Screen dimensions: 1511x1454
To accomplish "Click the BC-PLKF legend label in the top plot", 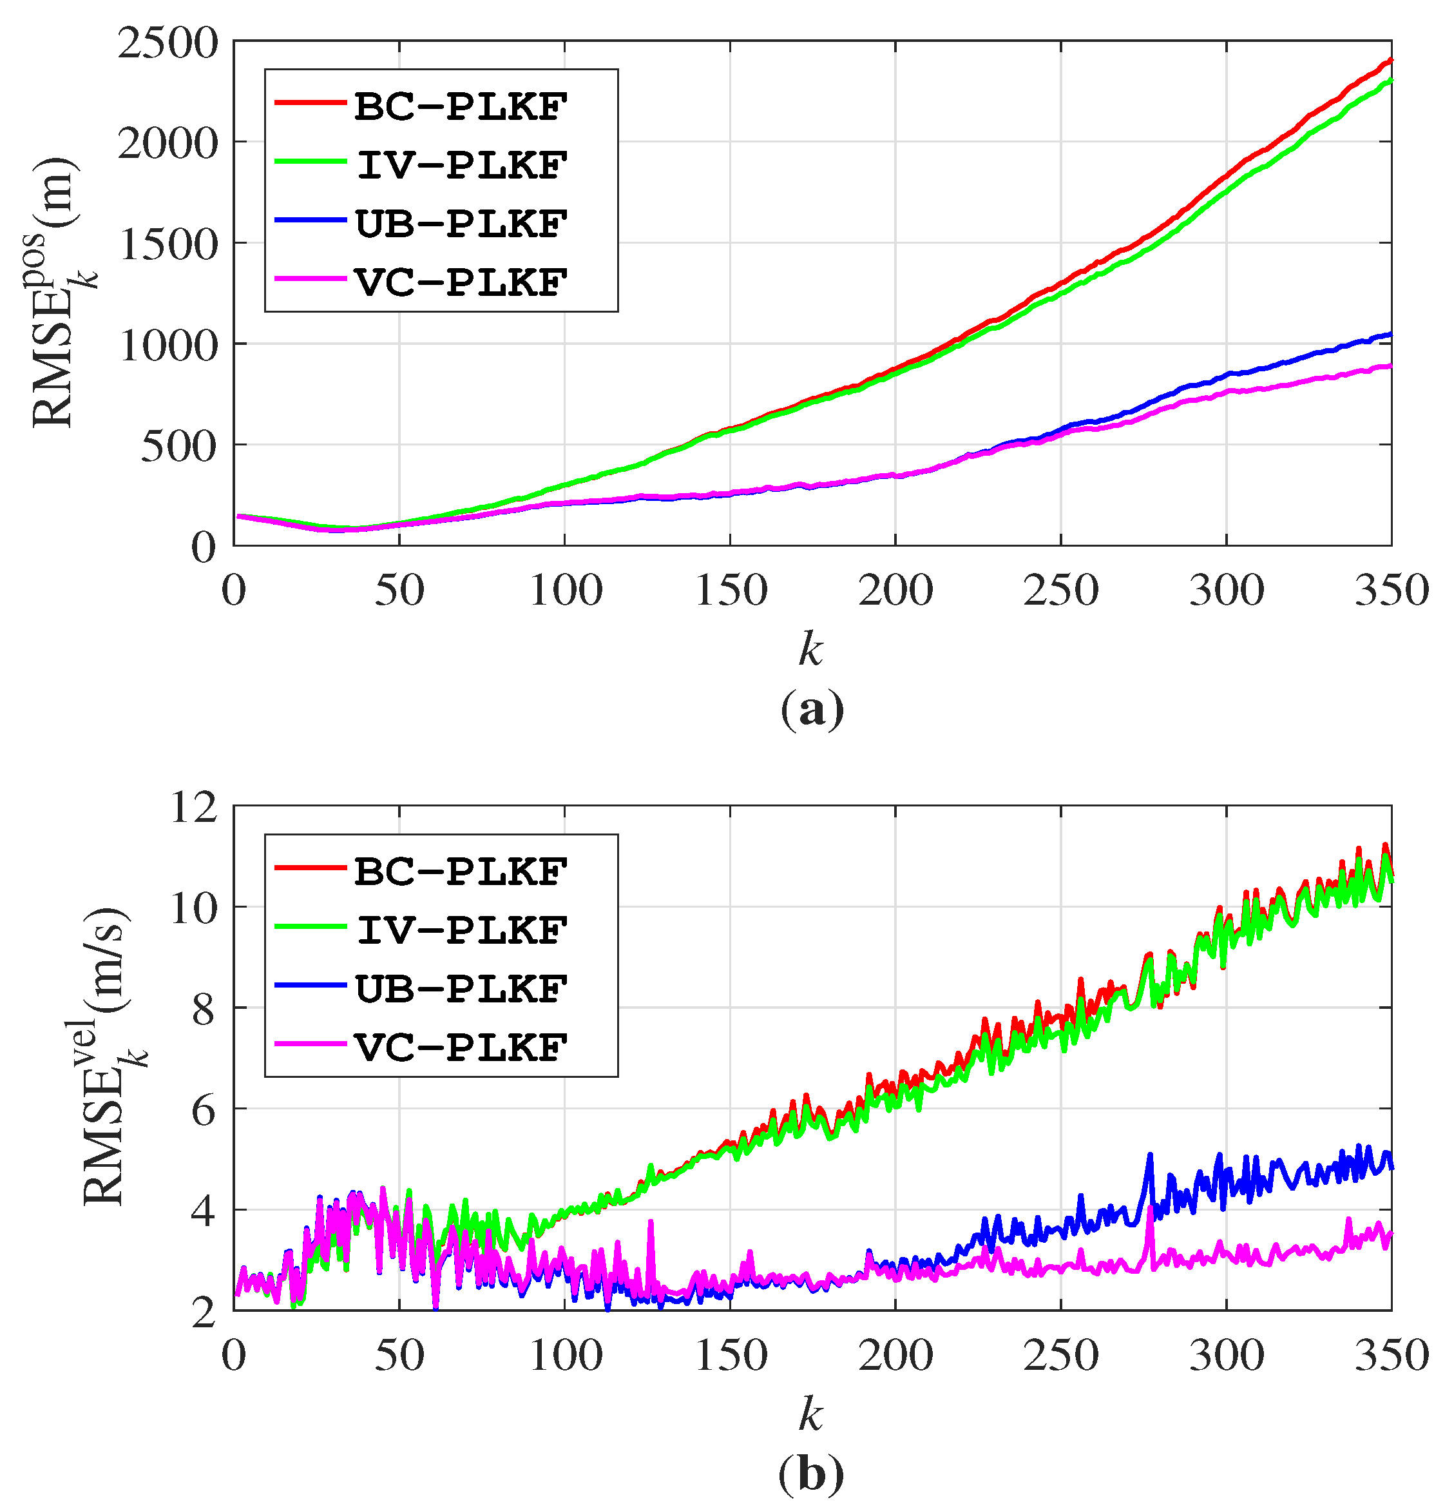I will pos(461,107).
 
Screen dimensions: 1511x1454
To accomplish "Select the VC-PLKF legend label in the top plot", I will pos(461,283).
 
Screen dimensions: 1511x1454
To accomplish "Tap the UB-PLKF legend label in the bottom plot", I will pos(461,989).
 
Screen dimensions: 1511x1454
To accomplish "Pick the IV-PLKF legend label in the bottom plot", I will pos(461,930).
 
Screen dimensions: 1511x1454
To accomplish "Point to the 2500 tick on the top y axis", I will pos(168,43).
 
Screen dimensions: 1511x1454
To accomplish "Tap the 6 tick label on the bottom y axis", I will pos(204,1111).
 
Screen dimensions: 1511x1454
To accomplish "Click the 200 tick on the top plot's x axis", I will pos(895,591).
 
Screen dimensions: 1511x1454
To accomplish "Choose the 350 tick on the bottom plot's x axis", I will pos(1391,1356).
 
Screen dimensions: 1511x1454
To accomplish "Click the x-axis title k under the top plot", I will pos(810,649).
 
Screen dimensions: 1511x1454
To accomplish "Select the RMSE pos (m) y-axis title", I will pos(62,293).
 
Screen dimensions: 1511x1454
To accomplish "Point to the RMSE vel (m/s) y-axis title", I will pos(111,1056).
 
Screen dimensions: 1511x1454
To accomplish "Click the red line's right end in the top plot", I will pos(1390,60).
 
